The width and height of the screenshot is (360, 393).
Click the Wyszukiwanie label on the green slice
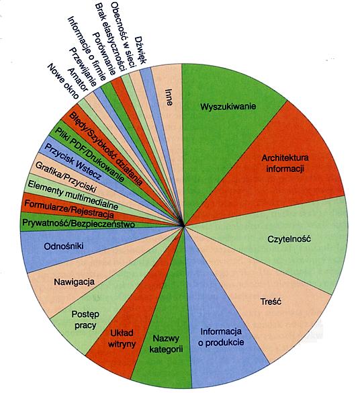coord(228,107)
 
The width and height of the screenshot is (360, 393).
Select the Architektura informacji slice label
coord(285,163)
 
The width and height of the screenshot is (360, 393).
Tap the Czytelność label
coord(289,239)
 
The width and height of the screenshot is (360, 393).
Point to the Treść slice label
coord(271,301)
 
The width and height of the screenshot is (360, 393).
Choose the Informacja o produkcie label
coord(221,337)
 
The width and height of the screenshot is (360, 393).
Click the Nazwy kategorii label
coord(166,344)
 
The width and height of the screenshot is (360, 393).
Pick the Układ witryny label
coord(122,339)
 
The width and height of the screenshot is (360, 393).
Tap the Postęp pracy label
coord(85,320)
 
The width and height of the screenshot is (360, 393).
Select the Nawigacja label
coord(75,282)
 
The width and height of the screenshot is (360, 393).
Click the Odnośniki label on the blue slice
coord(64,247)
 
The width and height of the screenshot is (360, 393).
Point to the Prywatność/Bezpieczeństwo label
coord(79,223)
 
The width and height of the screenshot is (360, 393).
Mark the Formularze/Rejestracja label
coord(69,209)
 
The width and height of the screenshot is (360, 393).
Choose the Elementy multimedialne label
coord(73,195)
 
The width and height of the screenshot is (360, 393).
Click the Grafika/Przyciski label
coord(66,177)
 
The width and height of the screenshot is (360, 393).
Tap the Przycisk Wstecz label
coord(73,161)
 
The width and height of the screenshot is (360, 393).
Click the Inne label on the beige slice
coord(169,97)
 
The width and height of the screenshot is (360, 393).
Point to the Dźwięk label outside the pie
coord(140,50)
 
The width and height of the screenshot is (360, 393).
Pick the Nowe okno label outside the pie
coord(63,81)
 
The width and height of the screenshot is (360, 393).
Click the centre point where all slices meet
coord(183,226)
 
